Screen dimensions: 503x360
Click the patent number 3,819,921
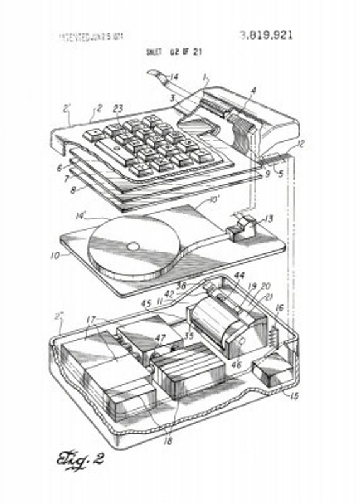point(266,35)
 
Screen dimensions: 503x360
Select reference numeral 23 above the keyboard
point(118,108)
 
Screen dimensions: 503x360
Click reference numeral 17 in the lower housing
point(92,321)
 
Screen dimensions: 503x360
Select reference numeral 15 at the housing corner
point(294,396)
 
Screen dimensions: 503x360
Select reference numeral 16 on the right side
point(280,309)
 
